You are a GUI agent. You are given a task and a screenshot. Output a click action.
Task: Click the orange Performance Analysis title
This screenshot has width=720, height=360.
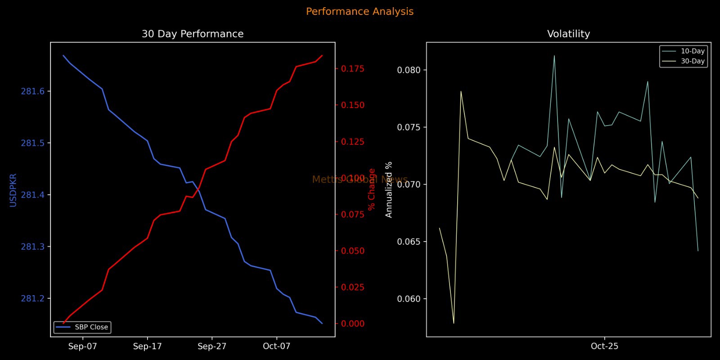coord(360,12)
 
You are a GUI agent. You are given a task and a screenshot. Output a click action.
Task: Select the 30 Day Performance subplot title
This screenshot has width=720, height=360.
coord(193,34)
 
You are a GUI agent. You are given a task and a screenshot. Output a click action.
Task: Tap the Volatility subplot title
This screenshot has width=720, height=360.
coord(568,34)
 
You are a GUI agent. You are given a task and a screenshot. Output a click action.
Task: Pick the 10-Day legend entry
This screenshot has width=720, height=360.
coord(692,51)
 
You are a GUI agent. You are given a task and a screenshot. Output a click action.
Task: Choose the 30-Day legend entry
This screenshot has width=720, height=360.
coord(692,61)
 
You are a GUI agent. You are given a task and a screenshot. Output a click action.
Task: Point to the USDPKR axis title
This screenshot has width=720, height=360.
coord(13,190)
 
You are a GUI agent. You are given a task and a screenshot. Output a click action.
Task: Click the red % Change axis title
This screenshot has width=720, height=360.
coord(372,189)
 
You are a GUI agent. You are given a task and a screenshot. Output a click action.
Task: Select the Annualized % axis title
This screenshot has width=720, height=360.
coord(389,189)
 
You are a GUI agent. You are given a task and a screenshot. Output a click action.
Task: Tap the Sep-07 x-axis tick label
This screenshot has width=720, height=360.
coord(83,346)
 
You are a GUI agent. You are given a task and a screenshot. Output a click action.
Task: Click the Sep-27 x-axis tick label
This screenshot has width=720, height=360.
coord(212,346)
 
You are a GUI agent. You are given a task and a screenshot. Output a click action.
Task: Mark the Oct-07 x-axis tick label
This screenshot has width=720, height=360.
coord(277,346)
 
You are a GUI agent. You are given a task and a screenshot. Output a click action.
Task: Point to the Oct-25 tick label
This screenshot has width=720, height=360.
coord(604,346)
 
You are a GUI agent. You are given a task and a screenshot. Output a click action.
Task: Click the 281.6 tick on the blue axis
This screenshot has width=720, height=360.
coord(33,91)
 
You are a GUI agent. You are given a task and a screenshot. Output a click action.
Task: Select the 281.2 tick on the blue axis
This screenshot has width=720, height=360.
coord(33,299)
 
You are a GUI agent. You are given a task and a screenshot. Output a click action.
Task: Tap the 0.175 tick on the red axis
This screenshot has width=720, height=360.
coord(353,69)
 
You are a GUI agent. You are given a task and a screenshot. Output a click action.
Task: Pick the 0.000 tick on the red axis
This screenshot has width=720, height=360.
coord(353,324)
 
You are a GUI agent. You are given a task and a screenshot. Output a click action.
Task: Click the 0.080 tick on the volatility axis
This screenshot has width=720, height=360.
coord(409,70)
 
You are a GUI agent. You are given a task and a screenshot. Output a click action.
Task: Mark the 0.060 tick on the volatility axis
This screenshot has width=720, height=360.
coord(409,299)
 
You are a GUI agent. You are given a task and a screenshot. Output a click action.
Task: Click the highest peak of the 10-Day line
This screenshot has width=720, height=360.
coord(554,56)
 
